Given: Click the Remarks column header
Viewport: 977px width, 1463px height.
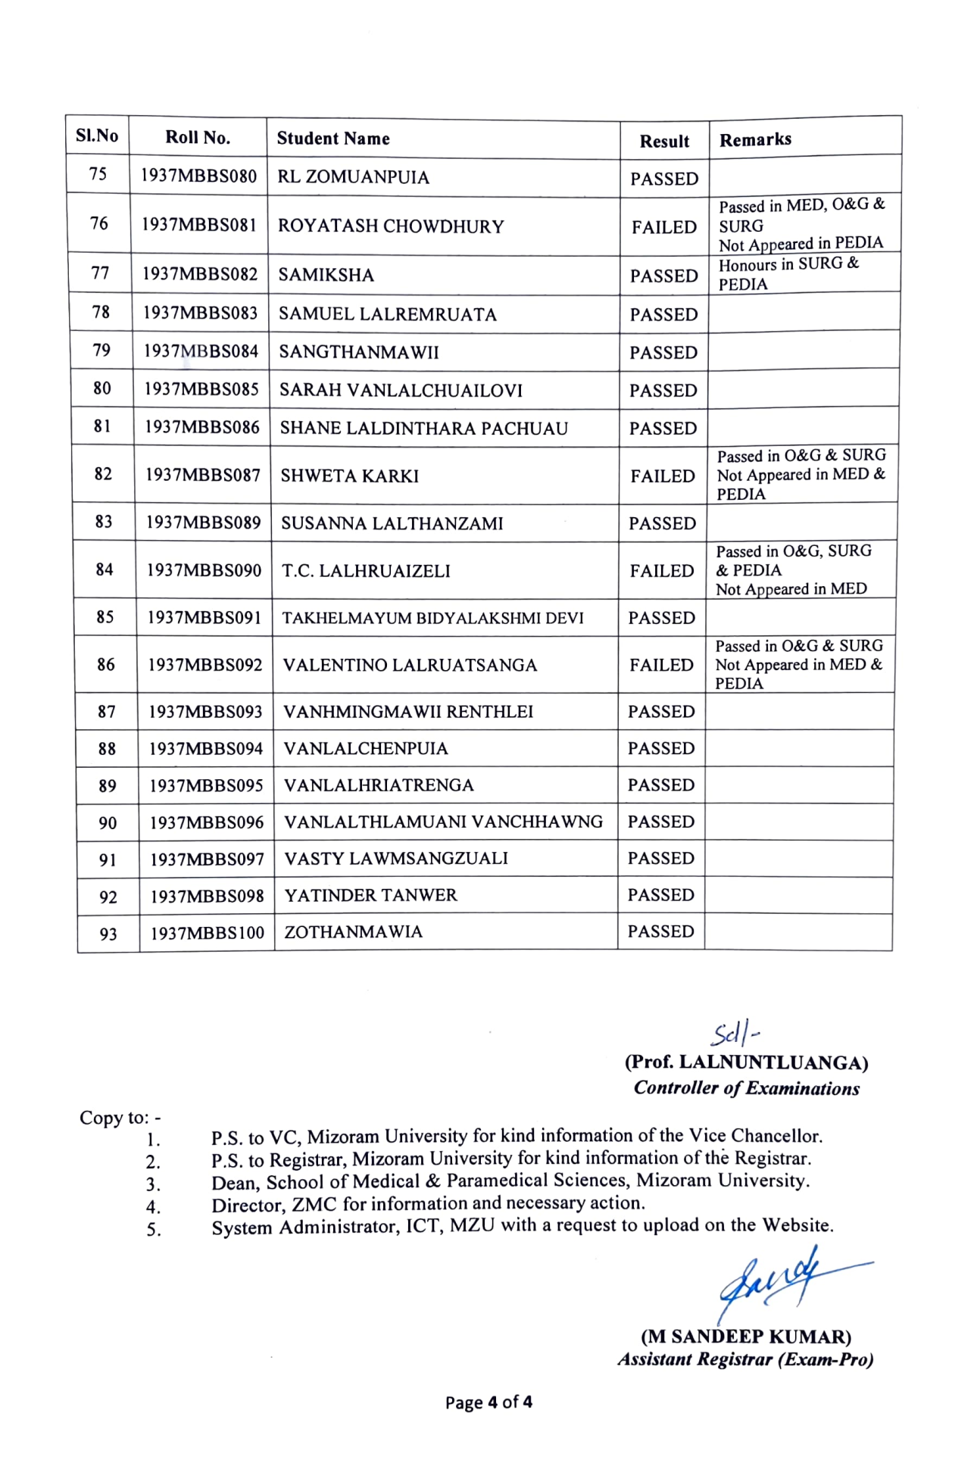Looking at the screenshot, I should pos(755,140).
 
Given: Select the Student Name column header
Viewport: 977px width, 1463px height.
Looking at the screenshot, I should pos(333,139).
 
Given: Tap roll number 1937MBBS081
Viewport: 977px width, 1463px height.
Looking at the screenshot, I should pos(199,225).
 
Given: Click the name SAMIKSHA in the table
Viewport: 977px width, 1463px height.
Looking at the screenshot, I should pos(326,275).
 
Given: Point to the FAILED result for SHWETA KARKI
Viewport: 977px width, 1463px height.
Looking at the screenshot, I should pos(663,476).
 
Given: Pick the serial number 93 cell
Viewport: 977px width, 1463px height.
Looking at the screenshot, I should pos(108,934).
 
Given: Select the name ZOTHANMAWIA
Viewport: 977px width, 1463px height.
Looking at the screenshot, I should pos(354,932).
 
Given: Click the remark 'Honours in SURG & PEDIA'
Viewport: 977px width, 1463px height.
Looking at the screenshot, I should pos(788,274).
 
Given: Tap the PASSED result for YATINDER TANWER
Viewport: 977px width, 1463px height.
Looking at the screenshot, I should pos(661,895).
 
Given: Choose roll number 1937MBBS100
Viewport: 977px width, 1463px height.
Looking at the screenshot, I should pos(208,933).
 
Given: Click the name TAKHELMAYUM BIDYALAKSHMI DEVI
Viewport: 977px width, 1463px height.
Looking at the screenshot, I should pos(433,618).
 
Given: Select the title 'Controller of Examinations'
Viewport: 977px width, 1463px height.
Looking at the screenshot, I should pos(747,1088).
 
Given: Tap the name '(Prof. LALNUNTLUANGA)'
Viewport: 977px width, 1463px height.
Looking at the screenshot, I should pos(746,1062).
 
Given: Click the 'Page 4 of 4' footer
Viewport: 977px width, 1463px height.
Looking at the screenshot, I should pos(488,1402).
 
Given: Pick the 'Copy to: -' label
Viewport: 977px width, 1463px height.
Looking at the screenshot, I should pos(120,1118).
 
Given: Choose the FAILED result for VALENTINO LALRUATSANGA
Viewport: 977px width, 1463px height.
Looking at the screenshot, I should pos(661,665).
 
